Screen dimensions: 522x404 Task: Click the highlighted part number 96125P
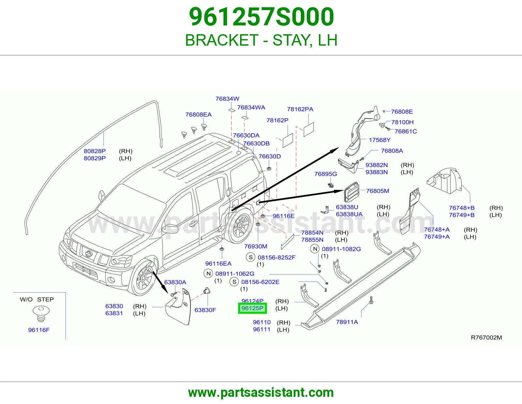click(252, 308)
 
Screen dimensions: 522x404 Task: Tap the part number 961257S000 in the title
click(261, 17)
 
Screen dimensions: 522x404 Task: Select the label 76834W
click(227, 99)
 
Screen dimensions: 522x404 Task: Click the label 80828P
click(95, 151)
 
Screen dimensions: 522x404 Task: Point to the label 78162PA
click(300, 109)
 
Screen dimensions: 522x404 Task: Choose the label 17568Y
click(379, 140)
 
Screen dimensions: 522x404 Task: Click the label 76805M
click(377, 191)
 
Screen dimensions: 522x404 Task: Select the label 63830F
click(205, 310)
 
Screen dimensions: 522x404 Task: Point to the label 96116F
click(39, 330)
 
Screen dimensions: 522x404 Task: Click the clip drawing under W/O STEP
click(41, 313)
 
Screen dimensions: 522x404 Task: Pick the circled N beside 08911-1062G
click(208, 273)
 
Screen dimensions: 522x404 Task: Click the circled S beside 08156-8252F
click(251, 257)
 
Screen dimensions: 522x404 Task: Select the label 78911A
click(347, 322)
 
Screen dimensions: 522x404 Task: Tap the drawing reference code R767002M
click(486, 338)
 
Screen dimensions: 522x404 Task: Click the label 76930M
click(255, 246)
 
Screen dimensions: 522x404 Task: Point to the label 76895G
click(326, 174)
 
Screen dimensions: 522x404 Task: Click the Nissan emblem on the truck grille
click(89, 254)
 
